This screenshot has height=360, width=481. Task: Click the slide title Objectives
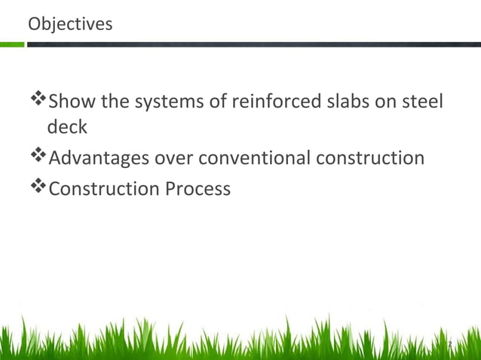pos(70,24)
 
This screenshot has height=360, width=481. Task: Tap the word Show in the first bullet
pos(72,100)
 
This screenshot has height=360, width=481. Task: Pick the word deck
pos(67,127)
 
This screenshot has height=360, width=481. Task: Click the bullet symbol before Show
pos(38,99)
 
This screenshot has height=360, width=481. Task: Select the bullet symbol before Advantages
pos(38,157)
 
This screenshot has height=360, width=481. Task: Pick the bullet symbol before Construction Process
pos(38,188)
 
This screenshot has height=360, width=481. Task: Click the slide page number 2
pos(449,344)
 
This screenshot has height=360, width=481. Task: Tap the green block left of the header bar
pos(12,44)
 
